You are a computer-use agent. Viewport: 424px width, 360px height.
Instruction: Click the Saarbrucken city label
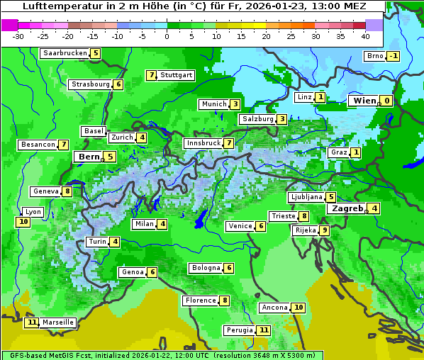[65, 53]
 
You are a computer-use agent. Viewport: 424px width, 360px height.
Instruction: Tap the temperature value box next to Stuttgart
[151, 75]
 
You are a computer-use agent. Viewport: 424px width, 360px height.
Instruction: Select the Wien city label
[364, 101]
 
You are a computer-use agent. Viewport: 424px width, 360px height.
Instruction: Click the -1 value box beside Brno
[393, 57]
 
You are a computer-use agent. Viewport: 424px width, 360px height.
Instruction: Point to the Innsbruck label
[202, 143]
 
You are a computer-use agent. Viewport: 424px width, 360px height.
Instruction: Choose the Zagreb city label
[347, 208]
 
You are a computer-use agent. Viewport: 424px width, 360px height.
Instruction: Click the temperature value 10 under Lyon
[23, 222]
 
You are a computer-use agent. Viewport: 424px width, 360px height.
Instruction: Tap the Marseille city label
[57, 322]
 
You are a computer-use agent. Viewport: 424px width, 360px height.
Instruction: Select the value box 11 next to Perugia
[264, 330]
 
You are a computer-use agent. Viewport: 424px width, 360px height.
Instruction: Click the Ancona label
[274, 308]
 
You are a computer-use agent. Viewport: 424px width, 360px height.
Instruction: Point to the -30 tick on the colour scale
[18, 36]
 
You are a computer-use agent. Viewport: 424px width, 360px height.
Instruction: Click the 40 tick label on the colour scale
[365, 36]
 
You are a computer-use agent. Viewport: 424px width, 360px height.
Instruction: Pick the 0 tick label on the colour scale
[167, 36]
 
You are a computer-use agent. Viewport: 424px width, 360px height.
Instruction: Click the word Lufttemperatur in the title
[55, 6]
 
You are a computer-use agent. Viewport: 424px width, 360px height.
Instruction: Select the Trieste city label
[283, 216]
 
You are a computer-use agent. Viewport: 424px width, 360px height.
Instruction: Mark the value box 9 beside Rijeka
[324, 230]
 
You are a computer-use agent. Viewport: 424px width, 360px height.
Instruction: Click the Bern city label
[89, 157]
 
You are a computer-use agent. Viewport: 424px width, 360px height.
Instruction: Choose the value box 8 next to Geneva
[67, 191]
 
